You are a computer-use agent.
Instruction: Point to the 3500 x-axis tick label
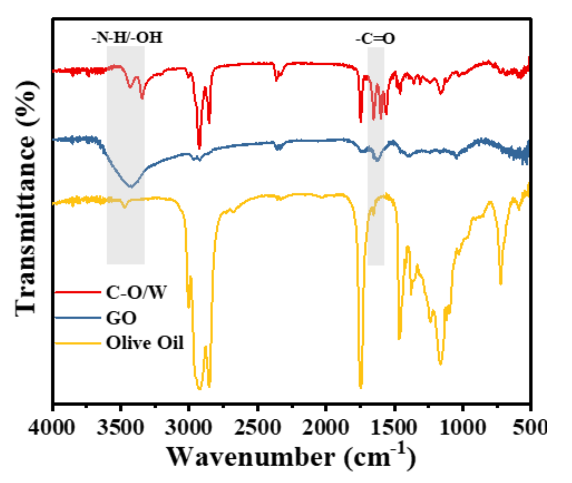[x=120, y=428]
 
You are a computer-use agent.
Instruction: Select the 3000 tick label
[x=188, y=428]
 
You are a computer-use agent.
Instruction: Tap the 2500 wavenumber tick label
[x=258, y=428]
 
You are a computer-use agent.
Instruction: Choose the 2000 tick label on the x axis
[x=325, y=428]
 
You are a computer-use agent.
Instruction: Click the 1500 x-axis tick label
[x=394, y=428]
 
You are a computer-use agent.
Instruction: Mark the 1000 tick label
[x=463, y=428]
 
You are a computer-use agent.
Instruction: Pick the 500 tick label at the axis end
[x=529, y=428]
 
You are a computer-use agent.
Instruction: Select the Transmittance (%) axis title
[x=26, y=198]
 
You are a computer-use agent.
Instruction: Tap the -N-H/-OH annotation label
[x=127, y=38]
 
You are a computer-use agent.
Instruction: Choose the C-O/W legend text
[x=136, y=293]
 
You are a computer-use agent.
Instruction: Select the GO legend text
[x=121, y=318]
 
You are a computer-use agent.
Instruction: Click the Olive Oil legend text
[x=145, y=343]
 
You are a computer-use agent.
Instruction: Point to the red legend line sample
[x=78, y=292]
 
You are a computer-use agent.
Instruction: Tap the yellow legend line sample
[x=78, y=343]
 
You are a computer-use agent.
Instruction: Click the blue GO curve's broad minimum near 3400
[x=131, y=187]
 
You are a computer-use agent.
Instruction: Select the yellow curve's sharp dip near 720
[x=501, y=284]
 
